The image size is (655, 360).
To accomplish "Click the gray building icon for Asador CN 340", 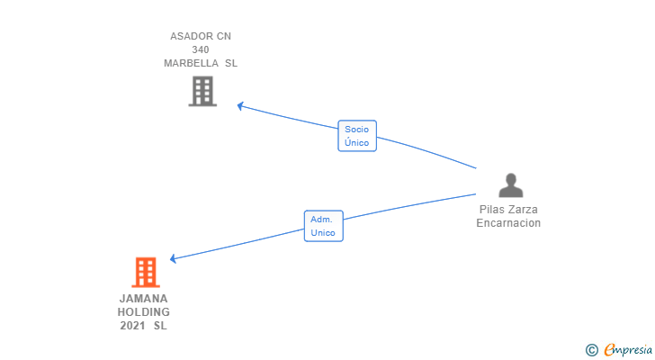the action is click(x=202, y=91).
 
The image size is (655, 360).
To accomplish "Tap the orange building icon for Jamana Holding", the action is click(x=146, y=273).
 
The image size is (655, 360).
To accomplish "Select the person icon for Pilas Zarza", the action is click(x=511, y=185).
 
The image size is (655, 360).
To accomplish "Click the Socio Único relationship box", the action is click(x=357, y=136).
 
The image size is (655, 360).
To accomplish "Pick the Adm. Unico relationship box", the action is click(x=324, y=226).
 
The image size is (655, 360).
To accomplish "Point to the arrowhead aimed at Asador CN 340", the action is click(x=240, y=106).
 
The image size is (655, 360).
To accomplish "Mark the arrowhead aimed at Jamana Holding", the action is click(x=173, y=259).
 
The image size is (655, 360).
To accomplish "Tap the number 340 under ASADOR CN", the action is click(x=201, y=49).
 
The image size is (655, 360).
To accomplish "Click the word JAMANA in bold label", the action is click(x=144, y=299).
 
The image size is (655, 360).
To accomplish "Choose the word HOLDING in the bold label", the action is click(x=144, y=312).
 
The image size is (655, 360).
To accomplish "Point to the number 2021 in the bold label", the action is click(x=133, y=326).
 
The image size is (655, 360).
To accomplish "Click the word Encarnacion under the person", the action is click(x=508, y=223).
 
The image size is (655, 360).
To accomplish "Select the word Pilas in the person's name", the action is click(x=491, y=209).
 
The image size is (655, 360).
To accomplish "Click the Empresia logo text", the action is click(x=628, y=350).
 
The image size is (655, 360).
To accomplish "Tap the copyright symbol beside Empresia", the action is click(x=591, y=350).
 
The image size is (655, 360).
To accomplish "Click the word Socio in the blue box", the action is click(x=356, y=129).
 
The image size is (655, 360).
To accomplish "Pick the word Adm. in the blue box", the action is click(x=321, y=220).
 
